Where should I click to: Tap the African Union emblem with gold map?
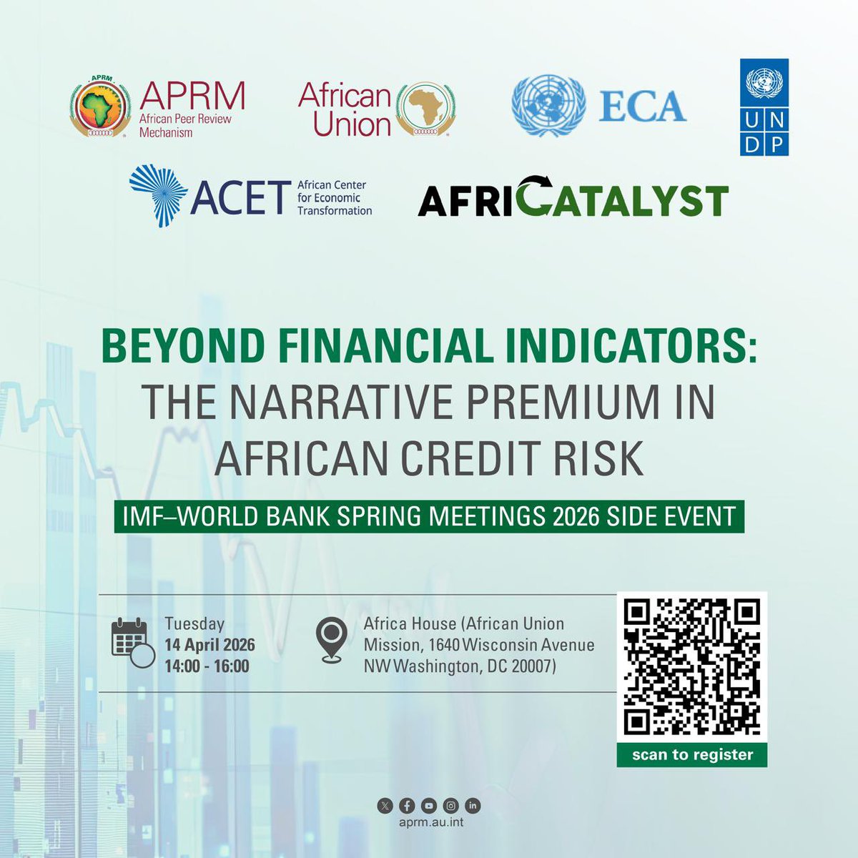[426, 108]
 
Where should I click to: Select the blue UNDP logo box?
[764, 107]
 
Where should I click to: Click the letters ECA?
[642, 107]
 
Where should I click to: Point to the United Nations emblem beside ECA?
[548, 106]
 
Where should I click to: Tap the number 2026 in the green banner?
[576, 516]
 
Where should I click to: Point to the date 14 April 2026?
[209, 645]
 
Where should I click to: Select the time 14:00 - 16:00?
[207, 666]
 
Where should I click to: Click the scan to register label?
[692, 755]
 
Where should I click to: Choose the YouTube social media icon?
[428, 806]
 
